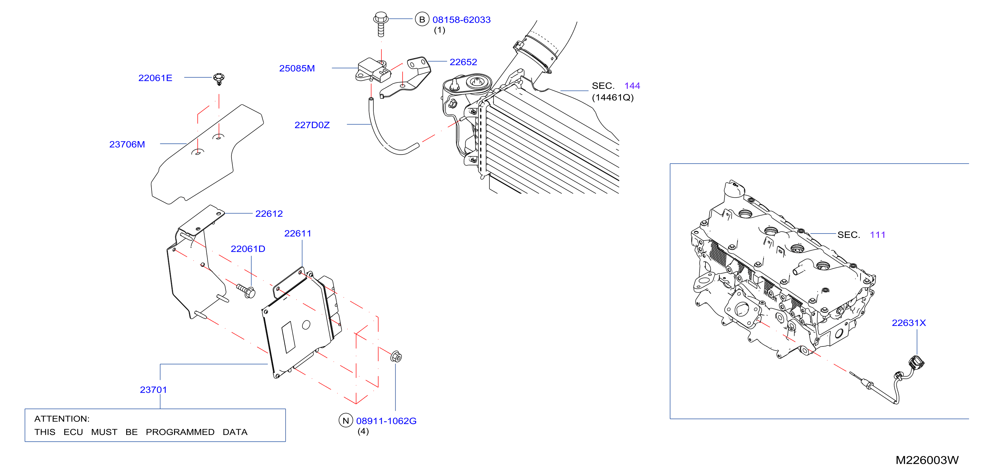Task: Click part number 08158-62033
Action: [461, 20]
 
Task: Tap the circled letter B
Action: [422, 19]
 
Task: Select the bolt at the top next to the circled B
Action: [381, 24]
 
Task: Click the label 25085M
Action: [297, 68]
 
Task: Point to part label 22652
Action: [463, 62]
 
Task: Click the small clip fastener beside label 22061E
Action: [219, 79]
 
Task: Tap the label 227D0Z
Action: [312, 125]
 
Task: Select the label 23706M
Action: [127, 144]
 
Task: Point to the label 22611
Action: [298, 233]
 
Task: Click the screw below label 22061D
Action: [246, 291]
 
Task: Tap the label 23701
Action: [153, 389]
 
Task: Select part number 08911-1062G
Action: [386, 421]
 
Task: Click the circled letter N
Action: [345, 420]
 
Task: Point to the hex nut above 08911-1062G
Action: [396, 356]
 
